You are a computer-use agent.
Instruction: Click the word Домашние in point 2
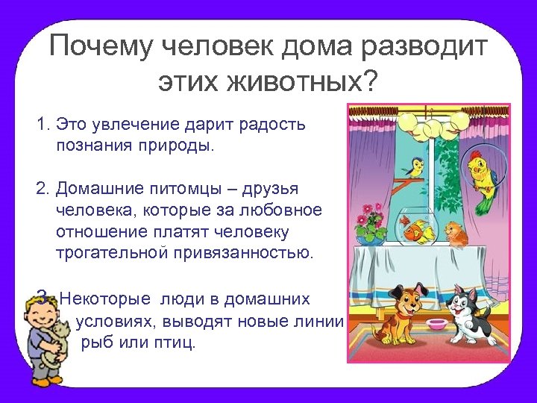pos(98,188)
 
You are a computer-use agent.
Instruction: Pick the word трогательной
pos(112,252)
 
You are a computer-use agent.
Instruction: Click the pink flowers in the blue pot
pos(368,223)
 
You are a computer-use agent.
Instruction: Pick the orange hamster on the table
pos(456,232)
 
